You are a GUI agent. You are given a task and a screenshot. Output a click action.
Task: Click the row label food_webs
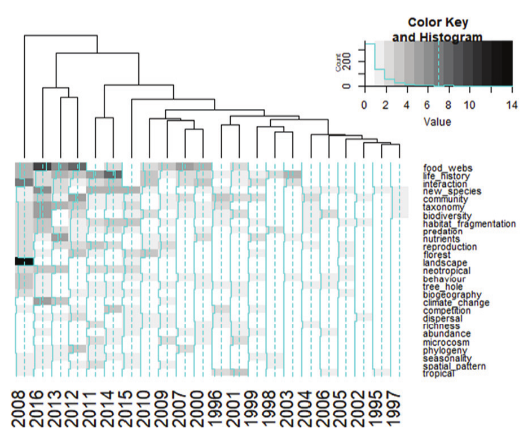tap(447, 168)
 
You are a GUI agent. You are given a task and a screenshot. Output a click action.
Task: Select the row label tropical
tap(438, 374)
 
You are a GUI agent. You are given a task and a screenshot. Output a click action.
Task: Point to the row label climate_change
tap(456, 303)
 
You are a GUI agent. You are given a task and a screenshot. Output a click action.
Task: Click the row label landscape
tap(445, 263)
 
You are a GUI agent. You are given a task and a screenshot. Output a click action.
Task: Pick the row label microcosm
tap(446, 342)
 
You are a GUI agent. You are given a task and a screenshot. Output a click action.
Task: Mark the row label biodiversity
tap(448, 216)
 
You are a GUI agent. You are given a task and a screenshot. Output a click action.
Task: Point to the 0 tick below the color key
tap(364, 105)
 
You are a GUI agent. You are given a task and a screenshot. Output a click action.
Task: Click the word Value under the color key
tap(438, 121)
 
